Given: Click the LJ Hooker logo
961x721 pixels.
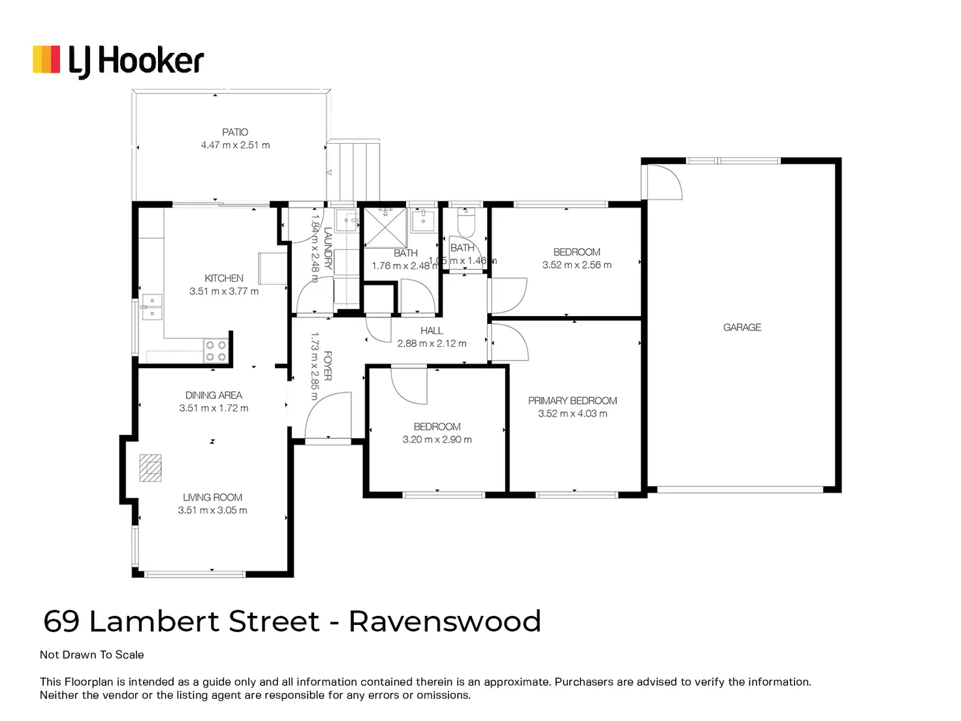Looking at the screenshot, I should tap(118, 61).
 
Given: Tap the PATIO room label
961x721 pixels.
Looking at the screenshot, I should tap(235, 132).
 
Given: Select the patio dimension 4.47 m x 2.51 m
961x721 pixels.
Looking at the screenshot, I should tap(235, 145).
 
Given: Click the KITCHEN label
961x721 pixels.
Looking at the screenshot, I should tap(224, 278).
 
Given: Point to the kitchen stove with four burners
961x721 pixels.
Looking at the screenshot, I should tap(216, 351).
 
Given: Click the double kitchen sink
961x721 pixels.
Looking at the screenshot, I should tap(151, 307).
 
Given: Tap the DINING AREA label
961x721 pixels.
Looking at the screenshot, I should tap(213, 395).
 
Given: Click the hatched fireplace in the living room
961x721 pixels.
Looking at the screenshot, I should tap(150, 468).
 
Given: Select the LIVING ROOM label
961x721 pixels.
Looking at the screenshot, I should tap(212, 498).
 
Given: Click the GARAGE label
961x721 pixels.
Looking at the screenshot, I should tap(742, 327).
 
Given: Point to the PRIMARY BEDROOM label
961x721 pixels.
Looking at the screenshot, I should tap(573, 400).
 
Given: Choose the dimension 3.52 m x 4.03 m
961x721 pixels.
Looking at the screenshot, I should tap(573, 413).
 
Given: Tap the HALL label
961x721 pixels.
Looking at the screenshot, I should tap(432, 330).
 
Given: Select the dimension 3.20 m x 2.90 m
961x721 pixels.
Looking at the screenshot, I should tap(437, 440).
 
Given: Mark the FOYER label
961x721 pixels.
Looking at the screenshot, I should tap(328, 366).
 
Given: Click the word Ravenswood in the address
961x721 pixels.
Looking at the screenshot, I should tap(445, 621).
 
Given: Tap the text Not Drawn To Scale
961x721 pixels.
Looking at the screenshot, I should tap(91, 654).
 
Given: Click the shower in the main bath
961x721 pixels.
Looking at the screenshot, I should tap(385, 228).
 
